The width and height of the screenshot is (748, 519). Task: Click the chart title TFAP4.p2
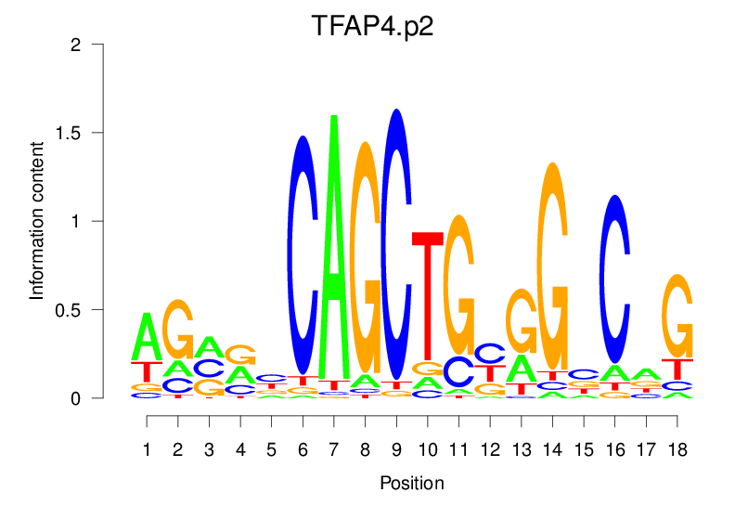click(373, 25)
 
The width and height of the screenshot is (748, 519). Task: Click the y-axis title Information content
click(38, 221)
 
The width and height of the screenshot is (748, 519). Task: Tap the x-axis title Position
click(412, 484)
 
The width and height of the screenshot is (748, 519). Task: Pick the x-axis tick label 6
click(303, 449)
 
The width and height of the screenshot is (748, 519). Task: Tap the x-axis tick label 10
click(427, 449)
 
